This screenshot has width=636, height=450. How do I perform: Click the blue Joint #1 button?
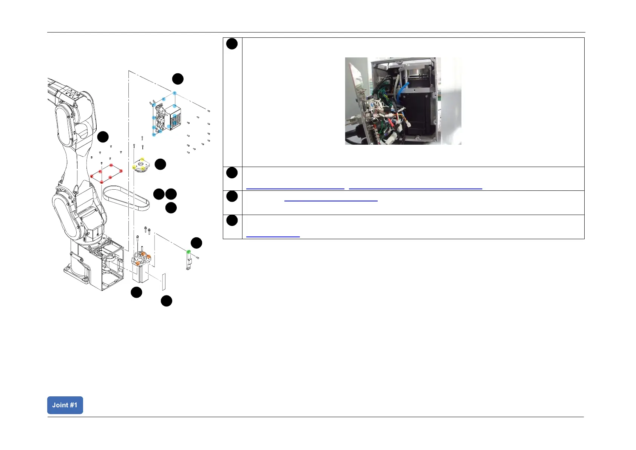tap(65, 405)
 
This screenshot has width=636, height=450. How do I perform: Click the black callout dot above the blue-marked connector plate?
tap(178, 79)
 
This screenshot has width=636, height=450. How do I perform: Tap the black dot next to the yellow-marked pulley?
tap(161, 164)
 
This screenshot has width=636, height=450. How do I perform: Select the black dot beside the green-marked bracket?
tap(196, 243)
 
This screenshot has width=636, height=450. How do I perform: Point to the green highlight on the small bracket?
tap(189, 252)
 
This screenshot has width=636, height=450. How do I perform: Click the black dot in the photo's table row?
tap(232, 44)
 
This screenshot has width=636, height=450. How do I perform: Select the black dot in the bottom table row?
tap(232, 220)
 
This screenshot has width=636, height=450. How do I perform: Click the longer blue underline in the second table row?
tap(415, 188)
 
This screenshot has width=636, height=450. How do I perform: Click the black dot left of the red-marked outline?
tap(103, 137)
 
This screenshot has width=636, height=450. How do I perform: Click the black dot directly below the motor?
tap(136, 292)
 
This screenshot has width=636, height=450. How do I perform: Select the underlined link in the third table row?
tap(330, 201)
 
